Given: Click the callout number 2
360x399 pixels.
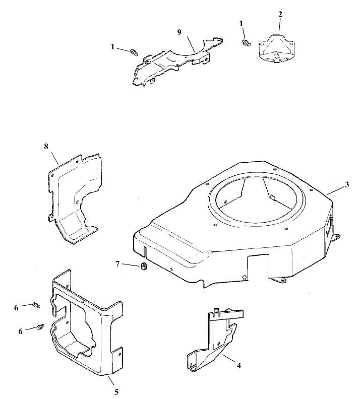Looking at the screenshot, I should pyautogui.click(x=280, y=14).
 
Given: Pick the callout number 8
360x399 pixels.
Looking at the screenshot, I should pyautogui.click(x=46, y=146).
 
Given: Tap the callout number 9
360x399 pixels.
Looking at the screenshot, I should pyautogui.click(x=178, y=32).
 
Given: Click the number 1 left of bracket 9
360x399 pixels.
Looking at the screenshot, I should pyautogui.click(x=113, y=47).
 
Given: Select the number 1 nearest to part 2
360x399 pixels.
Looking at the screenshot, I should pyautogui.click(x=242, y=23).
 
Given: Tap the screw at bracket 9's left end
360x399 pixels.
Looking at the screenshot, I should pyautogui.click(x=134, y=51).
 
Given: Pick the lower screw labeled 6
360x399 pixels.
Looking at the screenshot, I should pyautogui.click(x=39, y=327).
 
